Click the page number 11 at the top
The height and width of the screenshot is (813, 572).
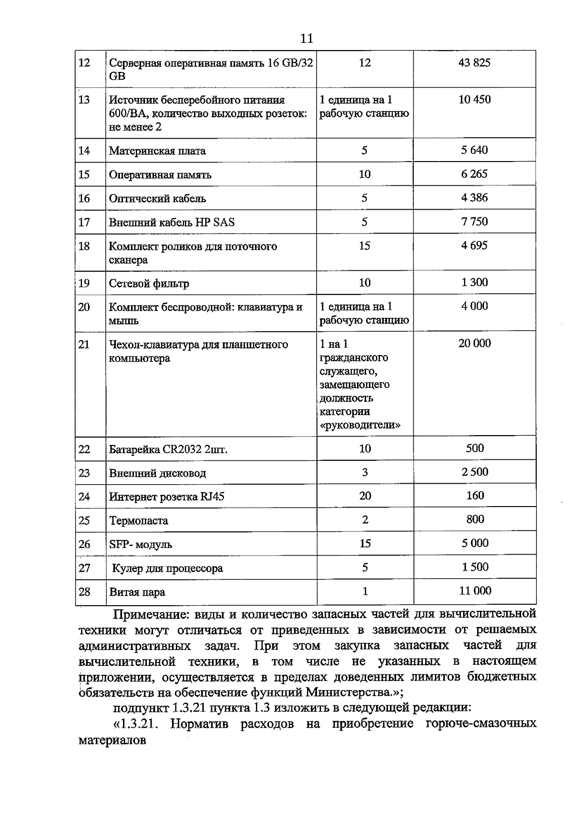tap(307, 39)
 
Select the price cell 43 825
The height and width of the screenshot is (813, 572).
tap(474, 63)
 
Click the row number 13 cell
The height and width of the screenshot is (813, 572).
tap(84, 100)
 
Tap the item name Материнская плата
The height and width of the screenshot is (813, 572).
tap(157, 151)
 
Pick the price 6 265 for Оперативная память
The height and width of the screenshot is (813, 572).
tap(474, 174)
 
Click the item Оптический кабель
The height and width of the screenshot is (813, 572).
tap(157, 199)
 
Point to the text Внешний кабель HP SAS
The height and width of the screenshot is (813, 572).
tap(172, 223)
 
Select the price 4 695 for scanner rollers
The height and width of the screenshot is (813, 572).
tap(474, 246)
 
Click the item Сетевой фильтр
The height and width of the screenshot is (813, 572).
tap(149, 284)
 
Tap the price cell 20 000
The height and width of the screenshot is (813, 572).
tap(474, 344)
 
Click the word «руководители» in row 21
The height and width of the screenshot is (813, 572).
tap(360, 425)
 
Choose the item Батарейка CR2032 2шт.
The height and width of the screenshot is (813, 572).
tap(168, 449)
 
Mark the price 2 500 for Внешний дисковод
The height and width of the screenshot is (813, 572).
tap(474, 472)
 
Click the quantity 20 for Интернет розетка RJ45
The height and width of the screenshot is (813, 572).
tap(365, 496)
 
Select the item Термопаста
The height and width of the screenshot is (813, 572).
tap(138, 521)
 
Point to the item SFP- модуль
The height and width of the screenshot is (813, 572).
tap(141, 545)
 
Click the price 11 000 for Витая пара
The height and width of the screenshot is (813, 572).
tap(475, 591)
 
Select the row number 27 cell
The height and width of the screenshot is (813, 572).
tap(84, 568)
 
